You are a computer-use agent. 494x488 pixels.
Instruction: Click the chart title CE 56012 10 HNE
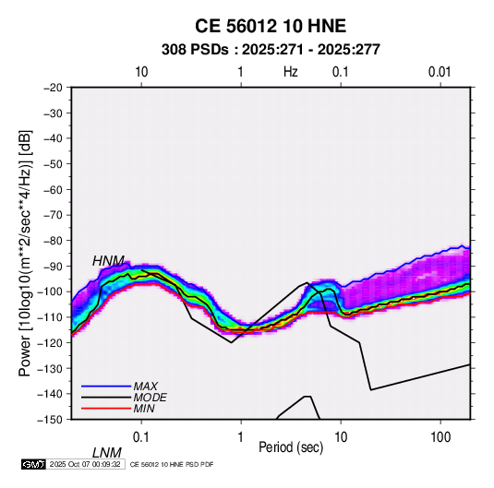[x=271, y=26]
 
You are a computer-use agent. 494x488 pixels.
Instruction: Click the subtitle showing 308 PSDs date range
[x=271, y=50]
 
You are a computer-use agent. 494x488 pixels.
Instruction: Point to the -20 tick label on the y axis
[x=53, y=88]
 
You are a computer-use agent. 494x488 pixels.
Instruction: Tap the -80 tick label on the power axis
[x=53, y=241]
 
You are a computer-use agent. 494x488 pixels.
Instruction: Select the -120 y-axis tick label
[x=50, y=342]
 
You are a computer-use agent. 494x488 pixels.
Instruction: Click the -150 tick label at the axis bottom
[x=50, y=420]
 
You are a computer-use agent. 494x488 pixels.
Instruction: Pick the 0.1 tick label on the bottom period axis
[x=141, y=437]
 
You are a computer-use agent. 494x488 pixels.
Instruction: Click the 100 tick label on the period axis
[x=440, y=437]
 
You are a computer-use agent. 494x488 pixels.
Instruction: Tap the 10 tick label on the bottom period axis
[x=341, y=437]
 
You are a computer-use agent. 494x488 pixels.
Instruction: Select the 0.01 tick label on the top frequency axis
[x=440, y=72]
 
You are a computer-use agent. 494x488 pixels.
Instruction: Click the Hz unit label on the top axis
[x=291, y=72]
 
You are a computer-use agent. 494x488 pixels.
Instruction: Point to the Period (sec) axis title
[x=291, y=447]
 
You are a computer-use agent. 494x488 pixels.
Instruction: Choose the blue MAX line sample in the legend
[x=106, y=386]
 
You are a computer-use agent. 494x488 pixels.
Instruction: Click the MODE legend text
[x=150, y=398]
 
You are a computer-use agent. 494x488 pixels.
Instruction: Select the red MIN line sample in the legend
[x=106, y=409]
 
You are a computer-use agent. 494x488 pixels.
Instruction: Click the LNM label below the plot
[x=107, y=453]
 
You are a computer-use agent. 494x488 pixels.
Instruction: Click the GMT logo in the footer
[x=34, y=464]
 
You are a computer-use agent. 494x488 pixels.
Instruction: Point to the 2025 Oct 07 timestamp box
[x=85, y=464]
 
